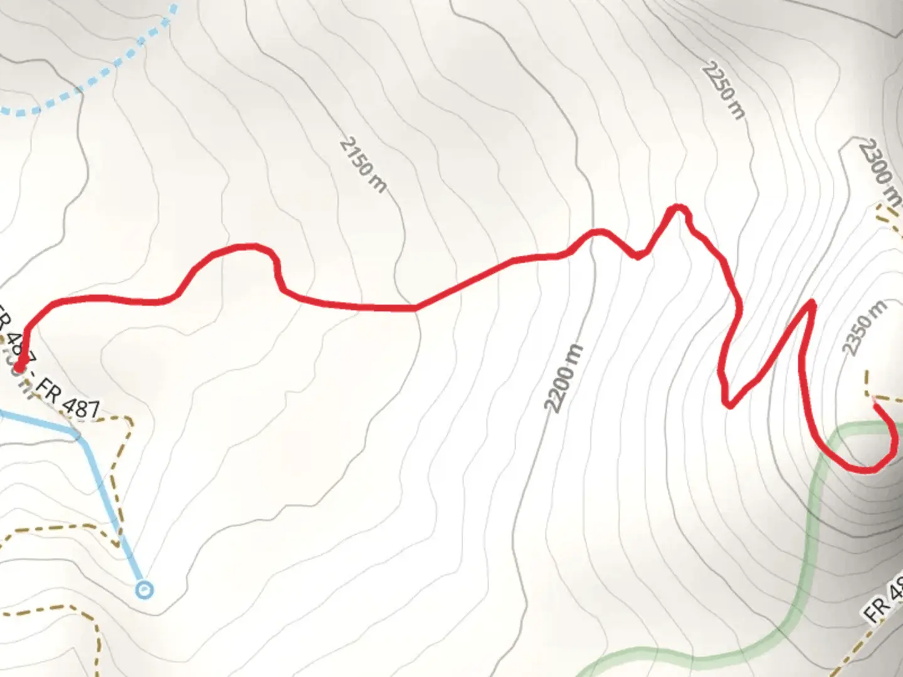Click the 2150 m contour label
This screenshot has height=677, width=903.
[363, 165]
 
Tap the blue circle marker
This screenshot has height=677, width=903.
[145, 589]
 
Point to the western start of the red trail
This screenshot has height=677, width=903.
[19, 367]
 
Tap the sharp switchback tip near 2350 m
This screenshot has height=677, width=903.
[813, 303]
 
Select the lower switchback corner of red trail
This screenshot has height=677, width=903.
[729, 404]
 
